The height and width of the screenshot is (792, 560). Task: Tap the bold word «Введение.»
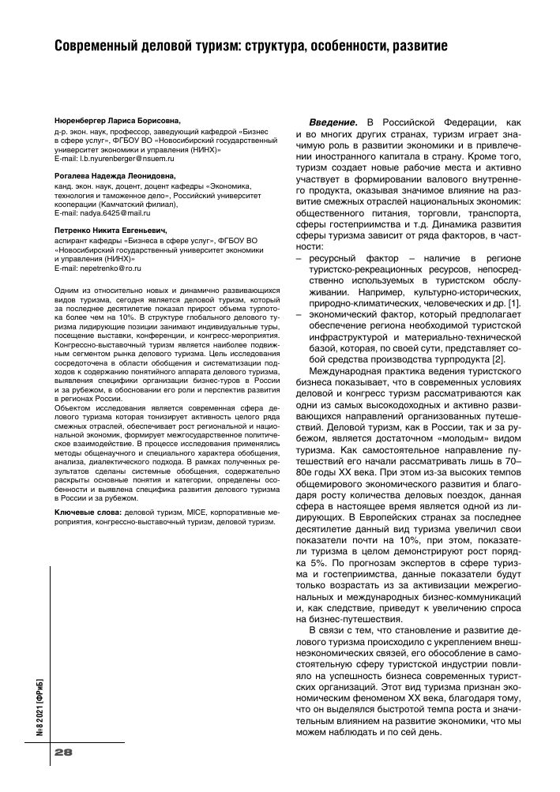[333, 122]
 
